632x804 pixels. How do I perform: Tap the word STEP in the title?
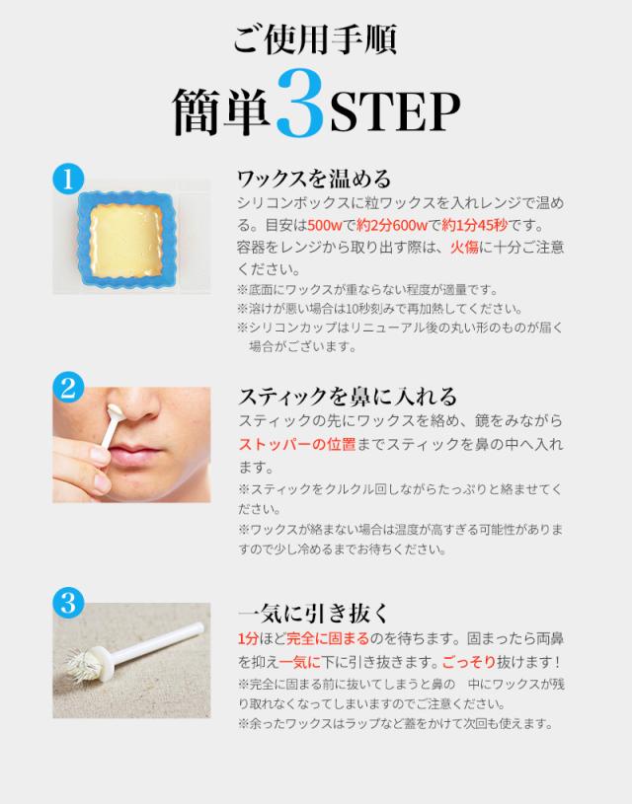coord(395,112)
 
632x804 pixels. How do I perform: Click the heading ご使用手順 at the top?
coord(316,39)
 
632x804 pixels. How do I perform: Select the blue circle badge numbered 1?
coord(68,179)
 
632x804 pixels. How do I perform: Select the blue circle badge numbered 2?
coord(68,387)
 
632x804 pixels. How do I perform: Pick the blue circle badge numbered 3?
coord(68,602)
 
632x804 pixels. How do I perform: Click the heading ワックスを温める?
coord(314,179)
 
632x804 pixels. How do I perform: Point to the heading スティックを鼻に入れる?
coord(348,397)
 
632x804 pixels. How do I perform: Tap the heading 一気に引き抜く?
coord(314,613)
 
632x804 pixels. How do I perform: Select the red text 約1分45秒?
coord(474,225)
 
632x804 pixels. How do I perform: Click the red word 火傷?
coord(464,248)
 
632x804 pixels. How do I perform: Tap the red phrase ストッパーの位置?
coord(297,444)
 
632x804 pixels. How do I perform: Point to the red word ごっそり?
coord(469,662)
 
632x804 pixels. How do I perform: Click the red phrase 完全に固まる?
coord(328,639)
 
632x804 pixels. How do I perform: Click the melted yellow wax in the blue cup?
coord(126,240)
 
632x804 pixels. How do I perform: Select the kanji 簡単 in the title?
coord(222,111)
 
